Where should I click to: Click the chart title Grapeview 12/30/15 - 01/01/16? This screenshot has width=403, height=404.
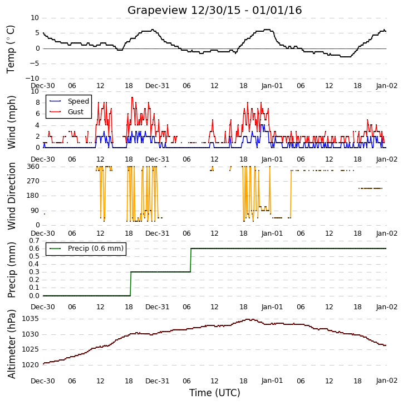(214, 10)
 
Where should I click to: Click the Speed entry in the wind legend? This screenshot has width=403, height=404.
(78, 101)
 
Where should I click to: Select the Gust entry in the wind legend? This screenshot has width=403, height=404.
(76, 112)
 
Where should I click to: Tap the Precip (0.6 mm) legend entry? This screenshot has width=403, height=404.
(96, 249)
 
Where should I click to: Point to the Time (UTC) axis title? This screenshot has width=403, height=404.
(215, 393)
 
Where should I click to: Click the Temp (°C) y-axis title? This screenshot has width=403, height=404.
(11, 49)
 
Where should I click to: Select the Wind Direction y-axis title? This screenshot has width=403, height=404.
(11, 196)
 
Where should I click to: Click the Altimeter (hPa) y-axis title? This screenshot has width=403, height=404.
(11, 344)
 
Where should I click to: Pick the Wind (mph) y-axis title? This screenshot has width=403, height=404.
(11, 122)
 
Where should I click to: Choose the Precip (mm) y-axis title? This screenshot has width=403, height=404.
(11, 270)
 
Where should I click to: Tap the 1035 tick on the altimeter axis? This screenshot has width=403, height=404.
(31, 319)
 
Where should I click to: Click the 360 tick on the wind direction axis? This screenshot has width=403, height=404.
(33, 167)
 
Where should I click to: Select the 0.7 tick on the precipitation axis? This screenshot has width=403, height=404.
(34, 241)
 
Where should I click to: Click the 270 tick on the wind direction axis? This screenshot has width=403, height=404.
(33, 181)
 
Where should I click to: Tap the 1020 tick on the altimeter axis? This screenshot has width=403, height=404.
(31, 365)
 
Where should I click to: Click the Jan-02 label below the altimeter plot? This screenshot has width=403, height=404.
(386, 381)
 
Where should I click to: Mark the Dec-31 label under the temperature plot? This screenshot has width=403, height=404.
(157, 86)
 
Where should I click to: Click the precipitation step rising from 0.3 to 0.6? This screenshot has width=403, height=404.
(191, 260)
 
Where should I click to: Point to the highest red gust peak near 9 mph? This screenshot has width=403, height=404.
(132, 98)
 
